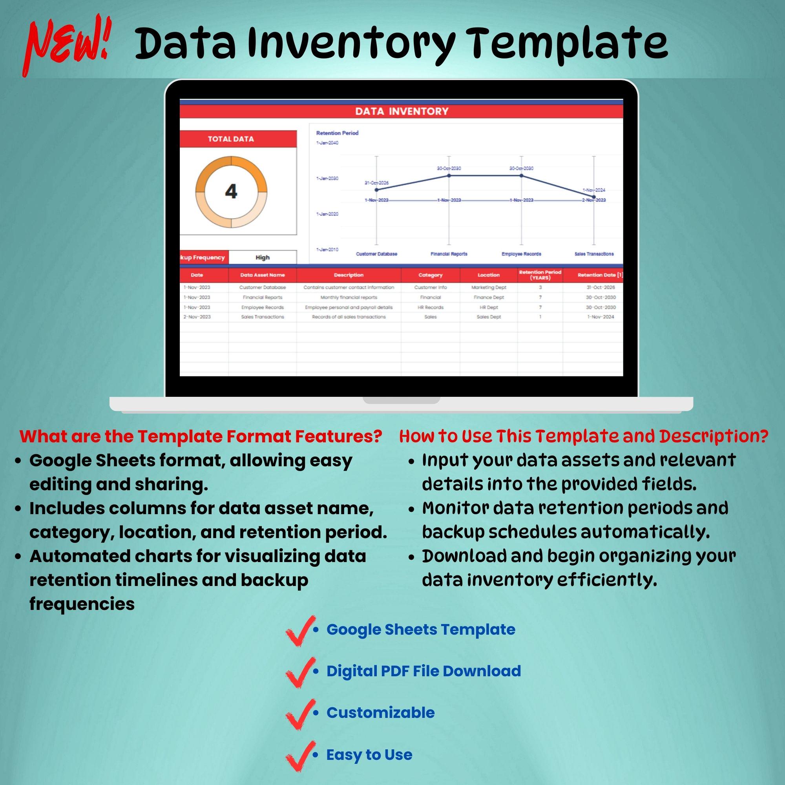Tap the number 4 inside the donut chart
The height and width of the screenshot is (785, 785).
pos(231,191)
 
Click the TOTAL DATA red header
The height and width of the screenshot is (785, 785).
pos(231,139)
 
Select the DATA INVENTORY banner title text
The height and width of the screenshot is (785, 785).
pos(402,111)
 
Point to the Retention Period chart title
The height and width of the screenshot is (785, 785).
pos(337,133)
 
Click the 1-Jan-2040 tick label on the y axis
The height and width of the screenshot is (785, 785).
pos(327,143)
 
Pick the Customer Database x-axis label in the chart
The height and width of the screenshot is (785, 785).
pos(376,254)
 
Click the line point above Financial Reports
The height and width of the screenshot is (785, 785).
pos(449,175)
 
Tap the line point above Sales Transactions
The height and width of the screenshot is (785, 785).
pos(594,197)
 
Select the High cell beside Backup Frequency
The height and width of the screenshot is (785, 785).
pos(263,257)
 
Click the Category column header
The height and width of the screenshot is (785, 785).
pos(430,275)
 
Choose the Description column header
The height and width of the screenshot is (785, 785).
pos(349,275)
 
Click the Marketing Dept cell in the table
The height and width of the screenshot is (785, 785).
pos(489,287)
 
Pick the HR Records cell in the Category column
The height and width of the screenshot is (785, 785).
pos(430,307)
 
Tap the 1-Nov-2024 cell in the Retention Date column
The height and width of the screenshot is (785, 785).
pos(601,317)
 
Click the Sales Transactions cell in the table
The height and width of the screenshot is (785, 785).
pos(263,317)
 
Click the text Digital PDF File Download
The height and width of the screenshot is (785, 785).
pos(424,671)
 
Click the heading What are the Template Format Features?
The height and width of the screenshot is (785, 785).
pos(201,436)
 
